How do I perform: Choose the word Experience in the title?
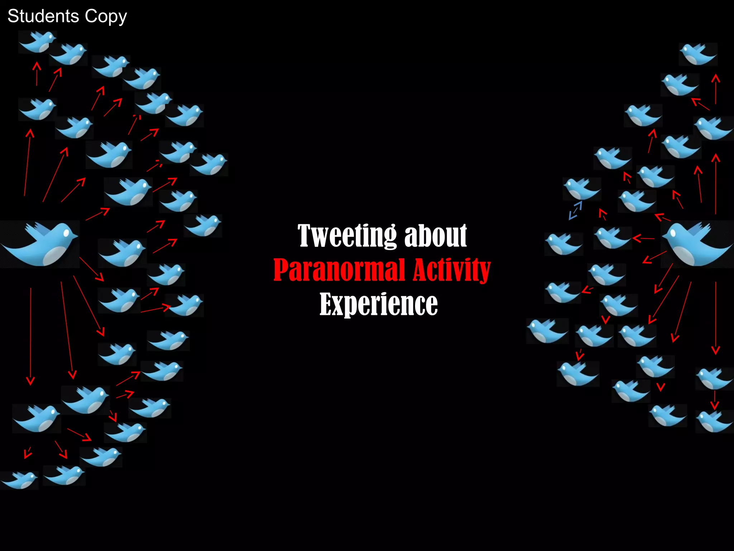(x=378, y=304)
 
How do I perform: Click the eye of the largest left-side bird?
(x=66, y=233)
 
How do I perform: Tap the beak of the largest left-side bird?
(x=76, y=236)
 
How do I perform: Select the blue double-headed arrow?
(x=575, y=210)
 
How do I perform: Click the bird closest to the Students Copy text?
(x=38, y=42)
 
